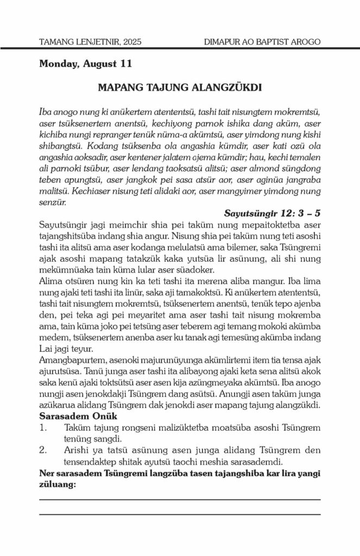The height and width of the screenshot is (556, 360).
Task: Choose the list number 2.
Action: (43, 450)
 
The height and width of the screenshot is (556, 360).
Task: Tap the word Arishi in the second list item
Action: (76, 450)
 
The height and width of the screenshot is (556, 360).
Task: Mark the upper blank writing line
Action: (180, 498)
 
